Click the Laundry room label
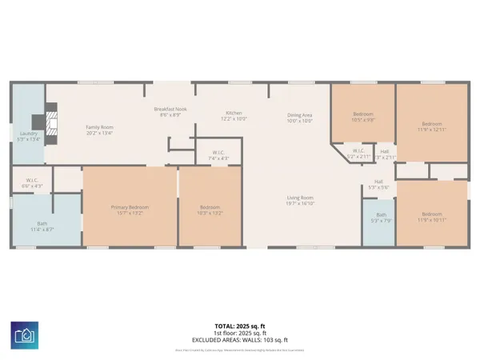tap(29, 136)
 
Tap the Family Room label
tap(102, 130)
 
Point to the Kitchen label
tap(234, 116)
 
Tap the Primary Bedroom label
tap(130, 210)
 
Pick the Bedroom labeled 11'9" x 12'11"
tap(432, 126)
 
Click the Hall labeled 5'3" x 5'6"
tap(379, 184)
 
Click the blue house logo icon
tap(23, 334)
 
